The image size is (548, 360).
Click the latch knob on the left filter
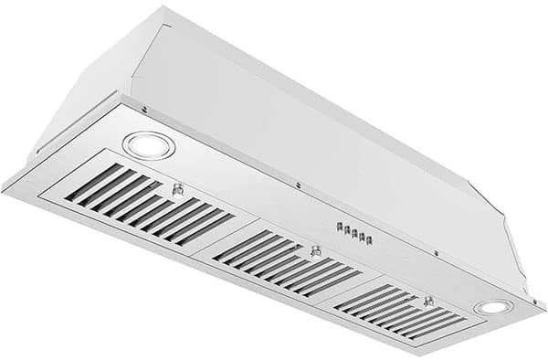point(178,190)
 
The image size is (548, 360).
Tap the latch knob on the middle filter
point(315,249)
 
